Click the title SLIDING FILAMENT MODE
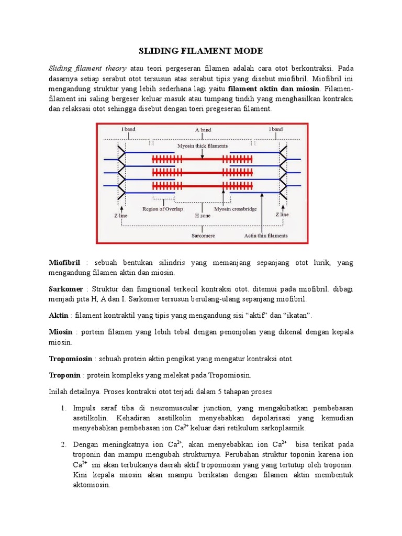pos(200,51)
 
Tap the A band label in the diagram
pos(203,129)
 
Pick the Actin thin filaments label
pos(265,236)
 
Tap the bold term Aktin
pos(58,315)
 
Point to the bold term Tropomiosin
pos(71,359)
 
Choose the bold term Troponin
pos(64,375)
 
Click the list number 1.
pos(63,408)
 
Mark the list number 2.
pos(63,444)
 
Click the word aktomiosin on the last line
pos(92,485)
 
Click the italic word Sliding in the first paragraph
pos(61,69)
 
